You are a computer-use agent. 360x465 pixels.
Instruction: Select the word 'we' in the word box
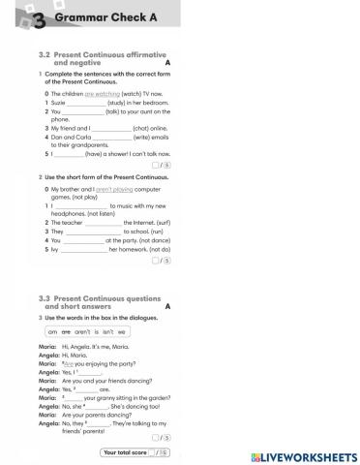tap(122, 332)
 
